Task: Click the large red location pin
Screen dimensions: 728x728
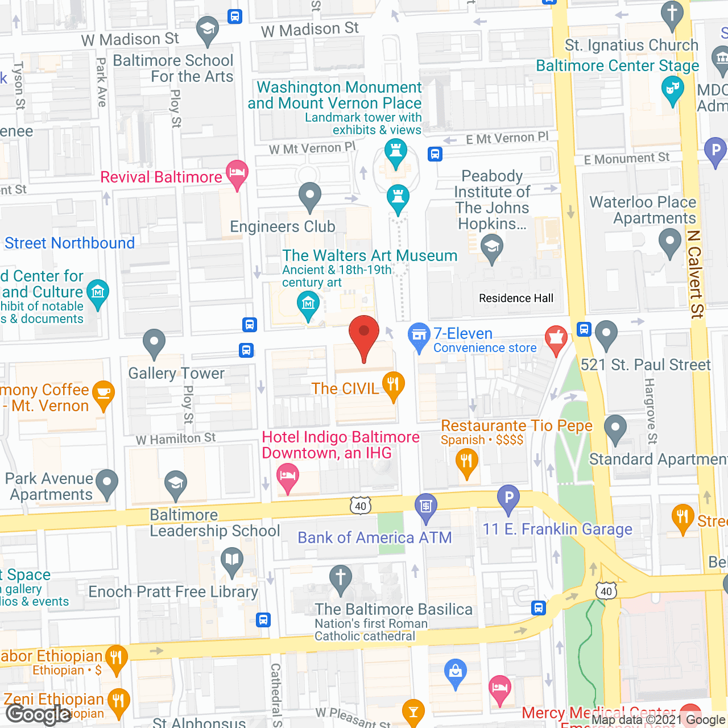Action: pyautogui.click(x=363, y=336)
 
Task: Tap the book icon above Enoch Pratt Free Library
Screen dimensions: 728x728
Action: pyautogui.click(x=232, y=560)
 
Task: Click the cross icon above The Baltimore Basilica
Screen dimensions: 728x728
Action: pyautogui.click(x=341, y=578)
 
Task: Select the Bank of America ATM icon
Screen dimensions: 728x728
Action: pyautogui.click(x=426, y=506)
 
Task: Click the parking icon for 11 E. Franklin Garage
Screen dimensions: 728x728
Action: pyautogui.click(x=508, y=498)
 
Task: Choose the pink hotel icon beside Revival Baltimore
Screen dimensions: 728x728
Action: pyautogui.click(x=237, y=172)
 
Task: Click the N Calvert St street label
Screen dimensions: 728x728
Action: pyautogui.click(x=695, y=274)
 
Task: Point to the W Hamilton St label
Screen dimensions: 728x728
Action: pyautogui.click(x=176, y=439)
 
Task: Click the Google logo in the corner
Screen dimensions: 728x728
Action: pyautogui.click(x=39, y=714)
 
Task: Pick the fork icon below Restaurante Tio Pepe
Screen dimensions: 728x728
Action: pyautogui.click(x=466, y=461)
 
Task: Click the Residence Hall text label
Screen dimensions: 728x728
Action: pyautogui.click(x=516, y=298)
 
